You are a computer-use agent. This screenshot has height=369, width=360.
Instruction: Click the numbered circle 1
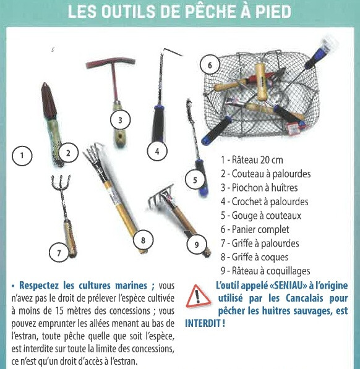(22, 156)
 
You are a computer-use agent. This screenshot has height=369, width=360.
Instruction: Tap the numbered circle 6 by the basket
(210, 65)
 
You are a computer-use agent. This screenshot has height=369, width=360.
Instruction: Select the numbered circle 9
(197, 245)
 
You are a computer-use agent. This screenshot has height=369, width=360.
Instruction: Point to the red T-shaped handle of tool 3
(111, 63)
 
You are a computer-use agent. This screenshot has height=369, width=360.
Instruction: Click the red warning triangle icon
(198, 297)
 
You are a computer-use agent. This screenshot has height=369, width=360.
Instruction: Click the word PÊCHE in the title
(205, 11)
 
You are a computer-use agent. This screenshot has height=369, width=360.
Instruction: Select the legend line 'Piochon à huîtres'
(259, 188)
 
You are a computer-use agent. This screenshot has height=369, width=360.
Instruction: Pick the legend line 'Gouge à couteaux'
(261, 216)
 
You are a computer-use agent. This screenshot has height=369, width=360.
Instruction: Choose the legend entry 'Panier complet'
(255, 229)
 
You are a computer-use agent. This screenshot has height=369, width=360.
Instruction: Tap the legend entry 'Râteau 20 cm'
(252, 160)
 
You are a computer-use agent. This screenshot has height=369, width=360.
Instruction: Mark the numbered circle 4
(157, 151)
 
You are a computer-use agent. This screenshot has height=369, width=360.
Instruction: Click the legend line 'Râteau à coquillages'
(265, 271)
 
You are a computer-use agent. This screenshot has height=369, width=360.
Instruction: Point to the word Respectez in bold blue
(39, 286)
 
